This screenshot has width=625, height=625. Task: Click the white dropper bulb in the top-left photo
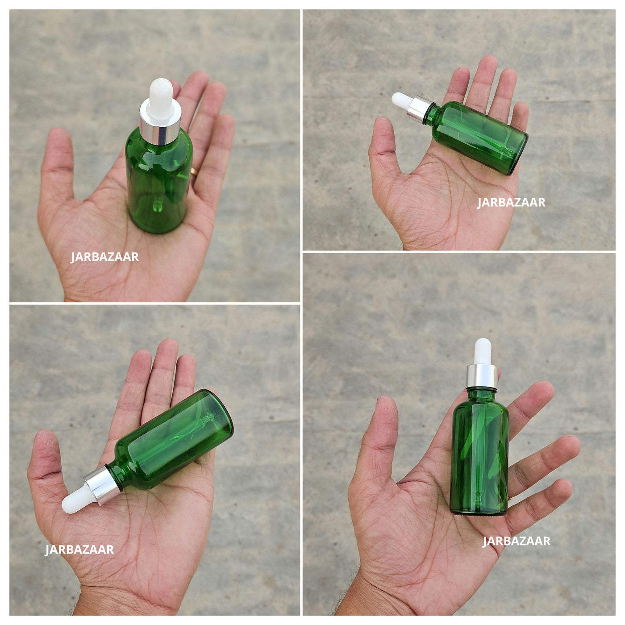tap(161, 99)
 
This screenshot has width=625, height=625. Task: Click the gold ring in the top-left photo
tap(193, 172)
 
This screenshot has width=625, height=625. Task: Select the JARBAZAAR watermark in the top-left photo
tap(104, 257)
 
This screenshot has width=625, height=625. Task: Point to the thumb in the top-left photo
tap(58, 162)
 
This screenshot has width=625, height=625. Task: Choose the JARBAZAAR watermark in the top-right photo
tap(511, 202)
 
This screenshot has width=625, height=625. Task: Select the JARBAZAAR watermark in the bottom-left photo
tap(79, 550)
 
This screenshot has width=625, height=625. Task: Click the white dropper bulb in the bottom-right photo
tap(483, 352)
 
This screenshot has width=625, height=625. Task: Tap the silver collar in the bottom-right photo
tap(482, 376)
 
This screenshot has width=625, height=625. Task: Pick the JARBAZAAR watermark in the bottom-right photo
tap(517, 541)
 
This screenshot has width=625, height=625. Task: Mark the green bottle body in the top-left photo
tap(159, 182)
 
